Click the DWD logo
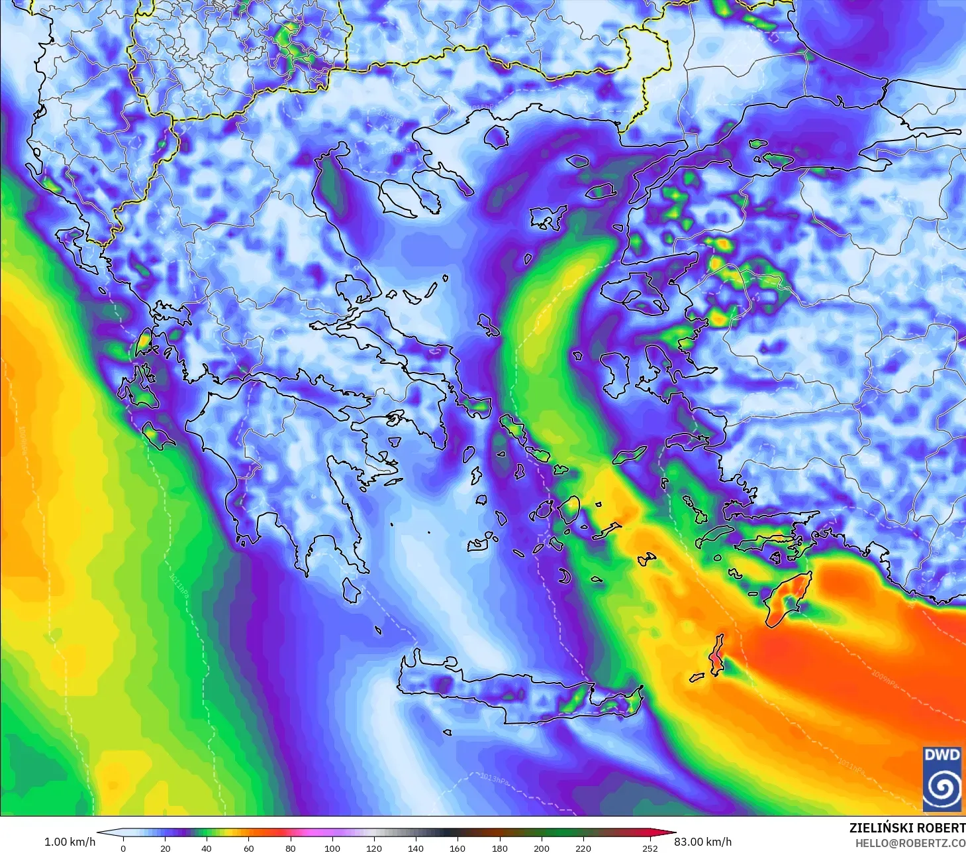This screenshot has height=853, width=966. click(943, 779)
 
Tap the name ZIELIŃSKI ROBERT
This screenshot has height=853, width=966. click(907, 828)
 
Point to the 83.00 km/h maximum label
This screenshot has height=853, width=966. click(702, 842)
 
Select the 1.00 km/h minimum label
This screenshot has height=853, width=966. click(70, 842)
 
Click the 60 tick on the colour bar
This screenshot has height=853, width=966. click(248, 848)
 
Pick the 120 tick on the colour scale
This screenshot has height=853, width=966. click(374, 848)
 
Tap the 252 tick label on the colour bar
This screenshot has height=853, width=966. click(650, 848)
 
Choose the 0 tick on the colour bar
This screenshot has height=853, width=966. click(123, 848)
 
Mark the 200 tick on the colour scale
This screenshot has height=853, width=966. click(542, 848)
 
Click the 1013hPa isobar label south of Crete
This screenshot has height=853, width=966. click(495, 779)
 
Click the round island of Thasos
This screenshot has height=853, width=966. click(497, 137)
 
